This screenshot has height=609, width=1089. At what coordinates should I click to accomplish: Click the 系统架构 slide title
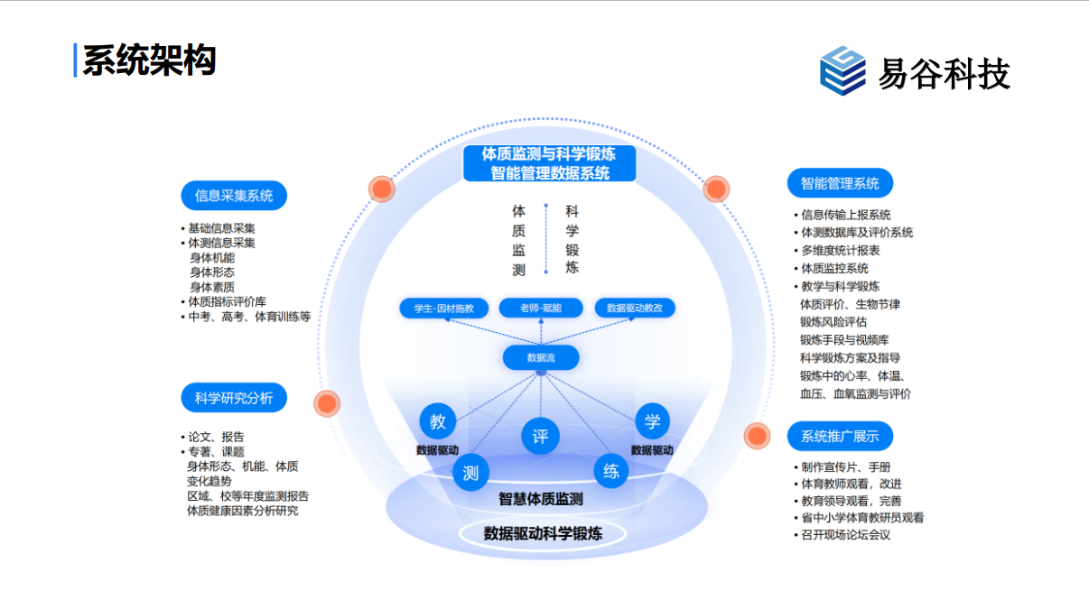pos(149,60)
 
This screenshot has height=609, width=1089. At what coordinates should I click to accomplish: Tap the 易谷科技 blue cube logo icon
pos(842,70)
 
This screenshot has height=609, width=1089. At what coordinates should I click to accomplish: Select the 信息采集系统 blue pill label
pos(234,195)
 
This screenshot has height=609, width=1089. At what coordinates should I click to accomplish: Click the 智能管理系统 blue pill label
pos(840,184)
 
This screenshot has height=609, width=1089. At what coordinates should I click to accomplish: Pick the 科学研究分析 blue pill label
pos(234,397)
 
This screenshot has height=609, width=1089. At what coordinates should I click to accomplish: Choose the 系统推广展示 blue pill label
pos(840,437)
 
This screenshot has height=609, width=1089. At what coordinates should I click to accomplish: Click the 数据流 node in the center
pos(541,358)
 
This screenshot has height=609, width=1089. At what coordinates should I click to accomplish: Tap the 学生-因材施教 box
pos(444,309)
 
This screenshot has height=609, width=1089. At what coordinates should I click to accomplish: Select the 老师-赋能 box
pos(540,309)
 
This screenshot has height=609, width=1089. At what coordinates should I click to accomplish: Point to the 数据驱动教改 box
pos(635,309)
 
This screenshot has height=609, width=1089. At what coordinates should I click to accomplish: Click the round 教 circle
pos(438,421)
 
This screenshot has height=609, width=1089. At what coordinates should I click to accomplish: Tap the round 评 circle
pos(540,437)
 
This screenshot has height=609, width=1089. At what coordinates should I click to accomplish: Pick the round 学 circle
pos(652,421)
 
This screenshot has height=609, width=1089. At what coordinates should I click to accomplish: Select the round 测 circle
pos(470,472)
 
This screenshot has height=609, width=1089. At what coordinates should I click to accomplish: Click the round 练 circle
pos(611,471)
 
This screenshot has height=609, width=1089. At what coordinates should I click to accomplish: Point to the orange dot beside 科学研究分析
pos(327,403)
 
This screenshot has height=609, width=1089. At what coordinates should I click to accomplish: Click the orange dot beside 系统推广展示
pos(757,437)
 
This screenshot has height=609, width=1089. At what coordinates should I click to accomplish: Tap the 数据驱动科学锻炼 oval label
pos(543,533)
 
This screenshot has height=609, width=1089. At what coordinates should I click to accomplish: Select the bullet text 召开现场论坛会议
pos(845,535)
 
